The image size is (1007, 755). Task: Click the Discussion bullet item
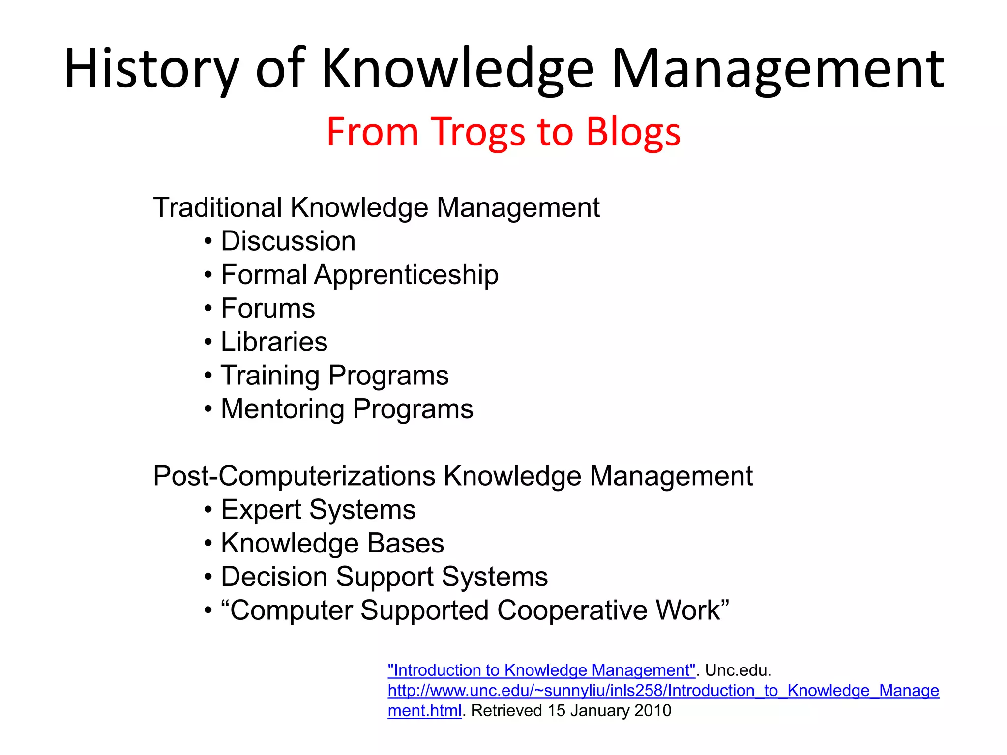pos(288,241)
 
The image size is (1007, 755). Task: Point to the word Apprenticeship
pos(406,274)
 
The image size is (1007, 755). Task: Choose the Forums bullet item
pos(268,308)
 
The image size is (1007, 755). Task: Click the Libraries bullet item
pos(274,342)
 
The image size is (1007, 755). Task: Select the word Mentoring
pos(283,409)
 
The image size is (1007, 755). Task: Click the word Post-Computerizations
pos(294,476)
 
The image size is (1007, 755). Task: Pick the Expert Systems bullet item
pos(318,509)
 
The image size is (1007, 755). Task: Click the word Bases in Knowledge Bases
pos(406,543)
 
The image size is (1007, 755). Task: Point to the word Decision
pos(274,577)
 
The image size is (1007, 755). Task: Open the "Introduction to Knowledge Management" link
pos(541,670)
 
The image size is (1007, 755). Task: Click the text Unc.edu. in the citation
pos(738,670)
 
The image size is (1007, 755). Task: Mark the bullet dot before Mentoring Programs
pos(208,409)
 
